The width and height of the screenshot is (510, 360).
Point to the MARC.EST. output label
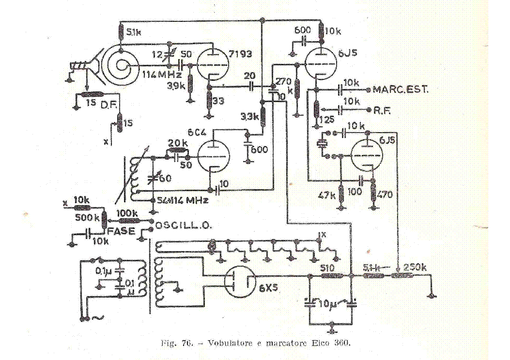pyautogui.click(x=401, y=90)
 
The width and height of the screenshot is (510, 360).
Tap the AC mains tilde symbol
pyautogui.click(x=96, y=318)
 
